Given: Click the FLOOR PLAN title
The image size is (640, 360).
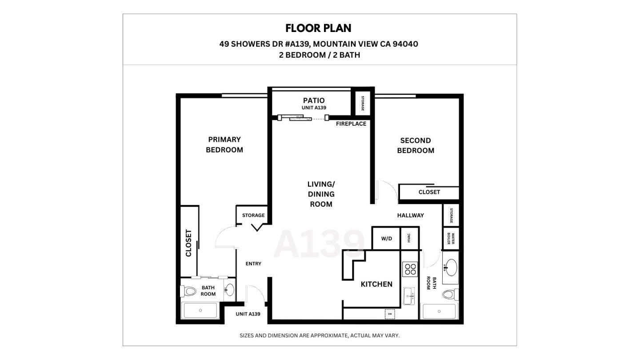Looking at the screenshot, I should [x=318, y=28].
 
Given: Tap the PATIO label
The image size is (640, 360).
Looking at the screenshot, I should [x=314, y=100].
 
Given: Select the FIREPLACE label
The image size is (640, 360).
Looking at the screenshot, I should [x=351, y=124].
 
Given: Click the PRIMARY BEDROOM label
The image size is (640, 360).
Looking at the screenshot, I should [x=224, y=145].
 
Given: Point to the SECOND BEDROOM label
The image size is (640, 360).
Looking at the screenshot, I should [x=416, y=145].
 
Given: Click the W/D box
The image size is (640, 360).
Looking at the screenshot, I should [x=386, y=239].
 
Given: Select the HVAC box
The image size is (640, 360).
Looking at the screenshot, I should [x=409, y=239].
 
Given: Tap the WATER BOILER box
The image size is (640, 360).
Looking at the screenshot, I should [x=451, y=239].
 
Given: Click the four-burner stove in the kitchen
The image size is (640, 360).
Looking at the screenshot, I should [x=410, y=269].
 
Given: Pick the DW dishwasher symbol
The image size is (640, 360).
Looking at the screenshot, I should [x=390, y=314].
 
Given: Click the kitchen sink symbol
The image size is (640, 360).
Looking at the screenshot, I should [x=409, y=296].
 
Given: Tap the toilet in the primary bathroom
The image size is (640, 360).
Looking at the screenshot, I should [x=189, y=292].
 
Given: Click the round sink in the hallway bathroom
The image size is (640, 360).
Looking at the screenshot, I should [x=451, y=268].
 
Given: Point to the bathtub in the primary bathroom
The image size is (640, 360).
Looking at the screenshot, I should [x=200, y=310].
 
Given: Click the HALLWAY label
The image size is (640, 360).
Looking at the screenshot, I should [x=410, y=216].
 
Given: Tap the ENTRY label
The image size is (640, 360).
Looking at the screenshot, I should [x=253, y=264].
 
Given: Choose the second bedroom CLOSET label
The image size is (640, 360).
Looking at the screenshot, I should [x=429, y=192].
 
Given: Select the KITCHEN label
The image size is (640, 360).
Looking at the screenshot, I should [x=376, y=284].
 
